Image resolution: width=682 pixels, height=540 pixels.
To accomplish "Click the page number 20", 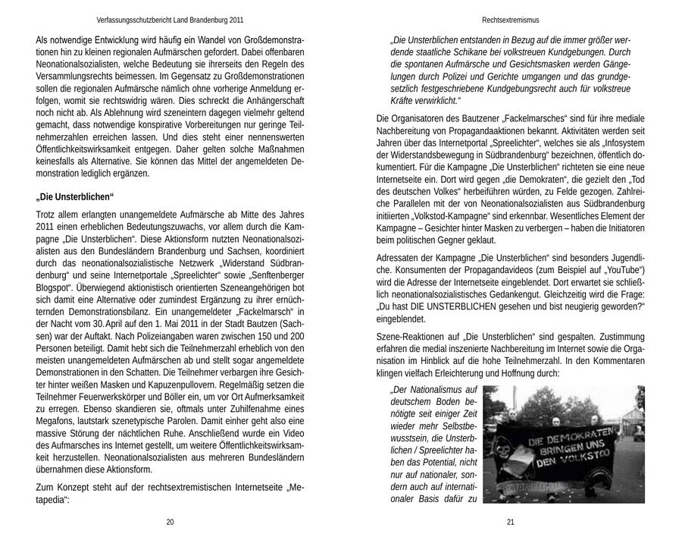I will click(170, 521).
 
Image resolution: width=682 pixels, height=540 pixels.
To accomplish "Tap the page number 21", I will click(510, 521).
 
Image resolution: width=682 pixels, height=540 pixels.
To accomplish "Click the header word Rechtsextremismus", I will click(510, 20).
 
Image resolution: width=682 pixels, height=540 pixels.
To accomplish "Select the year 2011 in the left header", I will click(236, 20).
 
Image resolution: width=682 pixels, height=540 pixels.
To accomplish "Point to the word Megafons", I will click(57, 419).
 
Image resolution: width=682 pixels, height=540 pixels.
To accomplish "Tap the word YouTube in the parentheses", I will click(622, 269).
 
